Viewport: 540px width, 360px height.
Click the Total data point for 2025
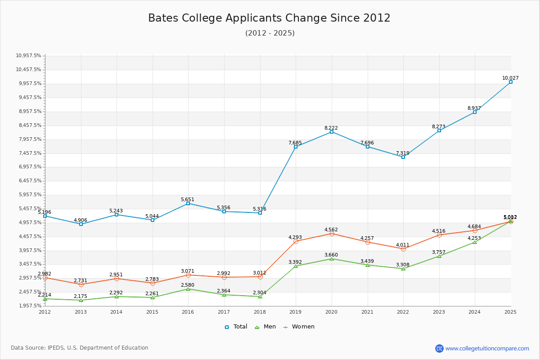pyautogui.click(x=511, y=82)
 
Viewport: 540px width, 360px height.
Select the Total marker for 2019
pyautogui.click(x=296, y=147)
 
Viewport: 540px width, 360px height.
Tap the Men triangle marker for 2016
pyautogui.click(x=188, y=289)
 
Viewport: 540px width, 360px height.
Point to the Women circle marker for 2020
pyautogui.click(x=332, y=234)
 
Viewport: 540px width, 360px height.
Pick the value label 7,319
pyautogui.click(x=403, y=153)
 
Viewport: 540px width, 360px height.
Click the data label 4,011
pyautogui.click(x=403, y=245)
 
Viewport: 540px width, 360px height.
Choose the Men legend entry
pyautogui.click(x=263, y=327)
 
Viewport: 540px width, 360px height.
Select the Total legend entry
pyautogui.click(x=236, y=327)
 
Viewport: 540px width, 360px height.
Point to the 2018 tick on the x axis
pyautogui.click(x=260, y=311)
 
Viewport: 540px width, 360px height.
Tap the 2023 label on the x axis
pyautogui.click(x=439, y=311)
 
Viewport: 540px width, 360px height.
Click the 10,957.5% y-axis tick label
pyautogui.click(x=28, y=56)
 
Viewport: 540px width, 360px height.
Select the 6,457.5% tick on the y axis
pyautogui.click(x=28, y=181)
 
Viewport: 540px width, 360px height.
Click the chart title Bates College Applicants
pyautogui.click(x=269, y=18)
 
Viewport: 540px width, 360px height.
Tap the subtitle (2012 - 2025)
pyautogui.click(x=270, y=33)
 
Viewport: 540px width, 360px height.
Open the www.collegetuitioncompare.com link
pyautogui.click(x=487, y=348)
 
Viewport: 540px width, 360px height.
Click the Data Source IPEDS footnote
pyautogui.click(x=80, y=348)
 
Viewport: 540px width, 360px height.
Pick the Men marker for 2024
pyautogui.click(x=475, y=242)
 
